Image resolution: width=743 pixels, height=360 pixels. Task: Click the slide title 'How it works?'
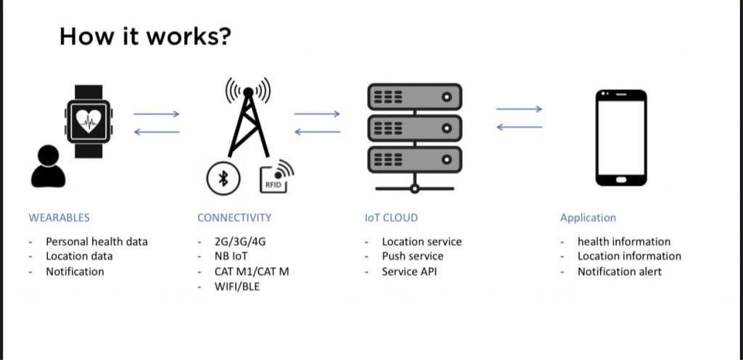point(145,36)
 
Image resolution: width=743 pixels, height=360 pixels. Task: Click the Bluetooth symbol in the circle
point(223,179)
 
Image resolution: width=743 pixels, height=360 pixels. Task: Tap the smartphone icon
point(621,138)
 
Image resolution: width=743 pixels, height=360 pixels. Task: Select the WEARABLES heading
point(59,217)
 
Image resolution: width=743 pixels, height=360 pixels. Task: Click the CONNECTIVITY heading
point(234,217)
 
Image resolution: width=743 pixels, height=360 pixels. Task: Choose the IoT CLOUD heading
point(391,217)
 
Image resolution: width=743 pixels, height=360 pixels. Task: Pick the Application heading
point(588,217)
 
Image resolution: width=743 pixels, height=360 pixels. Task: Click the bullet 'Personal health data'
point(97,242)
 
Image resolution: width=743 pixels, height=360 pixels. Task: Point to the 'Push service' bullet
point(412,256)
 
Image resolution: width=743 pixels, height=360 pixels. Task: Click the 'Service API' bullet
point(410,271)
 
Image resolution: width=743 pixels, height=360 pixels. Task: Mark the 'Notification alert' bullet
point(620,271)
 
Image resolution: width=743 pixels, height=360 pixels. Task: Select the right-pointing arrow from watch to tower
point(156,114)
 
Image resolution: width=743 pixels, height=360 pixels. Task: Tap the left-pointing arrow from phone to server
point(519,127)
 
